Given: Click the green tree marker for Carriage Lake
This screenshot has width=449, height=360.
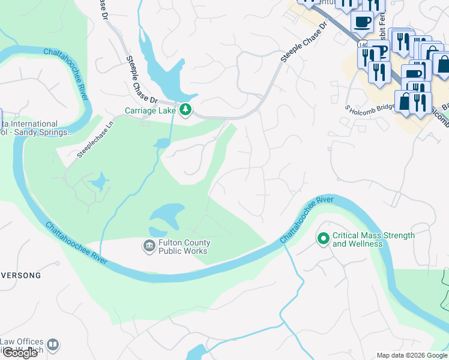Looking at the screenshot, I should [186, 110].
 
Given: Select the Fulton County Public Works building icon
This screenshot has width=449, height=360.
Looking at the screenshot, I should [148, 246].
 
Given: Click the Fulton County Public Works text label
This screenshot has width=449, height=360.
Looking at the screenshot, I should [183, 247].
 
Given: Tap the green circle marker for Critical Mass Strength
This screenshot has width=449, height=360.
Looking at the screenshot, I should [323, 239].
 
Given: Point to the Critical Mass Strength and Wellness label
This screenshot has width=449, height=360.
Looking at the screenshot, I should [373, 239].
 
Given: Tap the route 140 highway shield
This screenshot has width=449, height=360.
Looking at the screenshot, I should [361, 44].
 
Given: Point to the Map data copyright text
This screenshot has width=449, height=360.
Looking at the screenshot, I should [412, 355].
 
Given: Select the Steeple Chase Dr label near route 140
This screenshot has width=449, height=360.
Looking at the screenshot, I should [304, 43].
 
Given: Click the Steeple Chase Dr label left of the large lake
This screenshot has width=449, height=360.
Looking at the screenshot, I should [141, 78].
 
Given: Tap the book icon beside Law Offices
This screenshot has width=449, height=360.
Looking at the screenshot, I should [53, 344].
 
